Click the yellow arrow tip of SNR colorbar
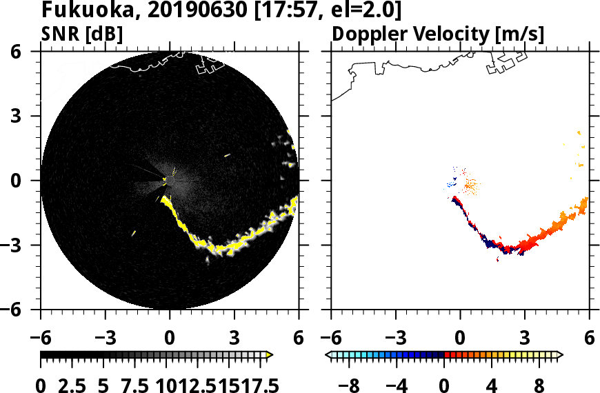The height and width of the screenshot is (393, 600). pyautogui.click(x=270, y=355)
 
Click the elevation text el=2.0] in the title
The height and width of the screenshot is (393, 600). pyautogui.click(x=360, y=12)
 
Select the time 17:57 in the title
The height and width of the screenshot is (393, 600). pyautogui.click(x=279, y=12)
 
